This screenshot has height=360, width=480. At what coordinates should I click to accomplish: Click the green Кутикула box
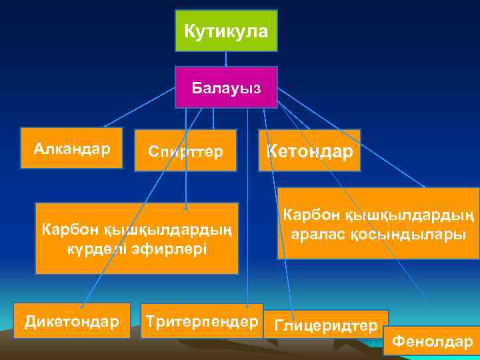226,31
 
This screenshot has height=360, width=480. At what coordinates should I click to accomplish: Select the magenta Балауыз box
226,87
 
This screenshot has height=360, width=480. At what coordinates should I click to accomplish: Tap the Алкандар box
72,148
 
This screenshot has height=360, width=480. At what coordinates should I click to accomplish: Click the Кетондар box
309,151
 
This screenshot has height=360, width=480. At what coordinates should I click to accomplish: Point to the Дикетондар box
72,321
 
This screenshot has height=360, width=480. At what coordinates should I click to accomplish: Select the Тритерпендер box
202,321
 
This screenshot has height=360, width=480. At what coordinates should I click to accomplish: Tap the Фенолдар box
432,341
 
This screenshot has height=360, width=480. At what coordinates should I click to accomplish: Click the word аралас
319,235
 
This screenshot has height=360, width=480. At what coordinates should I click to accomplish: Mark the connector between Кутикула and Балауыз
226,59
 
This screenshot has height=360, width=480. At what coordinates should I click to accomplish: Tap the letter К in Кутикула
190,31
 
